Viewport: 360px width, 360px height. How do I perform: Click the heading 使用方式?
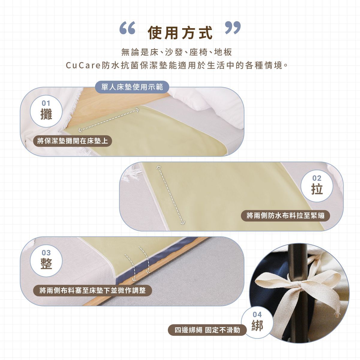tap(180, 33)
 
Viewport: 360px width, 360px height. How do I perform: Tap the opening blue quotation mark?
tap(127, 28)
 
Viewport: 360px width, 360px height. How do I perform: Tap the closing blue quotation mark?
tap(233, 28)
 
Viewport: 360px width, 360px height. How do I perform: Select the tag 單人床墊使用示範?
tap(132, 87)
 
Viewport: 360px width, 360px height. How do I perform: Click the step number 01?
tap(46, 103)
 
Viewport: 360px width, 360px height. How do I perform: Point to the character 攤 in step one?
tap(46, 114)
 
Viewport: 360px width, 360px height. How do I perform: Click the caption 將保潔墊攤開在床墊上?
tap(73, 141)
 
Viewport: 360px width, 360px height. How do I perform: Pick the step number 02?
tap(317, 178)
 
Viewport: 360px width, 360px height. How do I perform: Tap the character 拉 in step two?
tap(317, 189)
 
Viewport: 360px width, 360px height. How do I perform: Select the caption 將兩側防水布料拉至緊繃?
tap(285, 216)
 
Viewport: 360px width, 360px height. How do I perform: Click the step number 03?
tap(46, 253)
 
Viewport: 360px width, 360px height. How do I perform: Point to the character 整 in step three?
tap(46, 263)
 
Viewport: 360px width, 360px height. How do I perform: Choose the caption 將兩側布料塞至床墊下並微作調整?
tap(93, 290)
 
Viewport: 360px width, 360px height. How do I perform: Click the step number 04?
tap(257, 315)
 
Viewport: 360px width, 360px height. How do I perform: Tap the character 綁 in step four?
tap(257, 326)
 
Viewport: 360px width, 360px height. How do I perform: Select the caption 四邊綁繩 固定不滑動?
tap(207, 330)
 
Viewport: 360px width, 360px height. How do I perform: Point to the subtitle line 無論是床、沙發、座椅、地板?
tap(177, 52)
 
